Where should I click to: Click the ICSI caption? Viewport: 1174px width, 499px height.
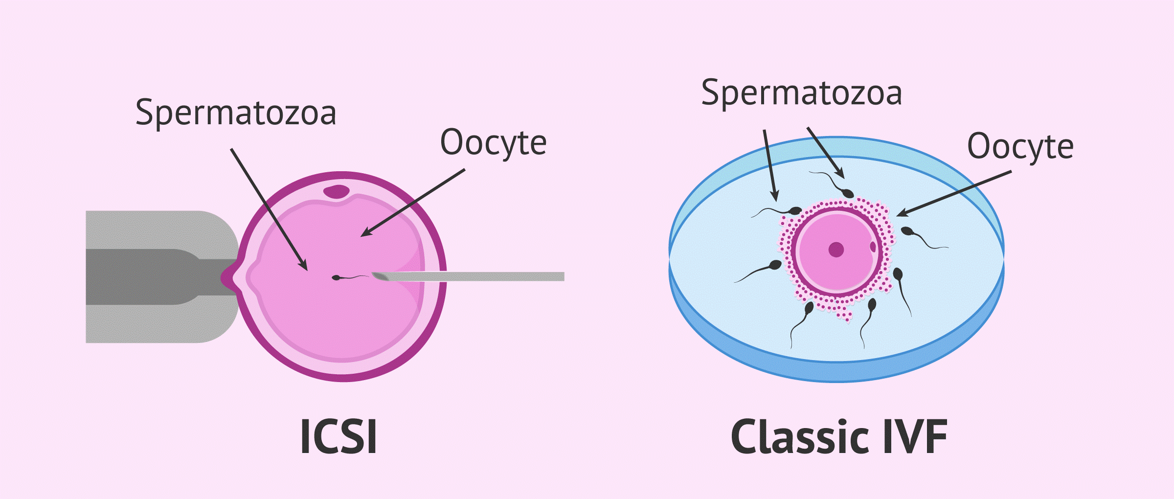coord(339,436)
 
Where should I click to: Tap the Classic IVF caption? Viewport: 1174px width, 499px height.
coord(838,436)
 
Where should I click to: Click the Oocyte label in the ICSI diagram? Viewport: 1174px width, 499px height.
coord(493,143)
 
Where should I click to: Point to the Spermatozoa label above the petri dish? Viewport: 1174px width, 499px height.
coord(801,93)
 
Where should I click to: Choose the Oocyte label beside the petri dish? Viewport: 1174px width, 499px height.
coord(1020,147)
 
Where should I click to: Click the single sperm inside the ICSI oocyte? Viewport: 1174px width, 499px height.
coord(350,277)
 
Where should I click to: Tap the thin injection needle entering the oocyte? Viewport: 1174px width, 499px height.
coord(468,276)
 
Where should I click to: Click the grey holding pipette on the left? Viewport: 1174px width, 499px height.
coord(161,277)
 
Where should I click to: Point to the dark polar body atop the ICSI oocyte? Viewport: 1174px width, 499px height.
coord(337,191)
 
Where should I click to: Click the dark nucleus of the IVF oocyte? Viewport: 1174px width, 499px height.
coord(836,249)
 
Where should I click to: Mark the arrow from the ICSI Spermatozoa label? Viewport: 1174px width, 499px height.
coord(269,210)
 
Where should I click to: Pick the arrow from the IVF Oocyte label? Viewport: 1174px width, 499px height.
coord(954,193)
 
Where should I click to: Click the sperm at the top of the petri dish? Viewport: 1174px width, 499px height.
coord(832,183)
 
